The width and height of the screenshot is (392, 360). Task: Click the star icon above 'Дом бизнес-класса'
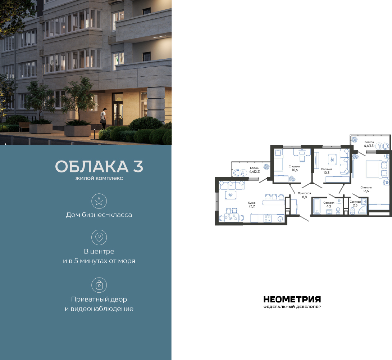coord(99,201)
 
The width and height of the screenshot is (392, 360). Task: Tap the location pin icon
coord(99,237)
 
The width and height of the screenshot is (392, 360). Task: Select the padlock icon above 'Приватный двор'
coord(99,285)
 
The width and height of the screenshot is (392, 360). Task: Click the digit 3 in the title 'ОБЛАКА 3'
coord(138,166)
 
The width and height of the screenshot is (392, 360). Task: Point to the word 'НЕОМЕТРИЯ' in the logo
coord(292,299)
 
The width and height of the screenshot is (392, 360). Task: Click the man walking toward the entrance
coord(104,118)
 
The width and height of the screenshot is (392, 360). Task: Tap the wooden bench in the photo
coord(24,126)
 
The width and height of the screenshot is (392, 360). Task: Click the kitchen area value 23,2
coord(252,206)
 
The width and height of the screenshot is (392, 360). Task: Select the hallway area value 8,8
coord(304,197)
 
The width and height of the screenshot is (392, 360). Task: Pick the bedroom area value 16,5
coord(366,191)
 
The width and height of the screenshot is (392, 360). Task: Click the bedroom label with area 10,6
coord(294,166)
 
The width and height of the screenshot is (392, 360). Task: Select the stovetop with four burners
coord(268,219)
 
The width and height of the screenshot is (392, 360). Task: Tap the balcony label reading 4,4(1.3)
coord(369,145)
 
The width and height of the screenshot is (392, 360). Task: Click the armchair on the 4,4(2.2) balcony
coord(237,173)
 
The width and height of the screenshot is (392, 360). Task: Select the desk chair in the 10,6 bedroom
coord(302,159)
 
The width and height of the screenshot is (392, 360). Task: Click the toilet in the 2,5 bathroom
coord(352,211)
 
